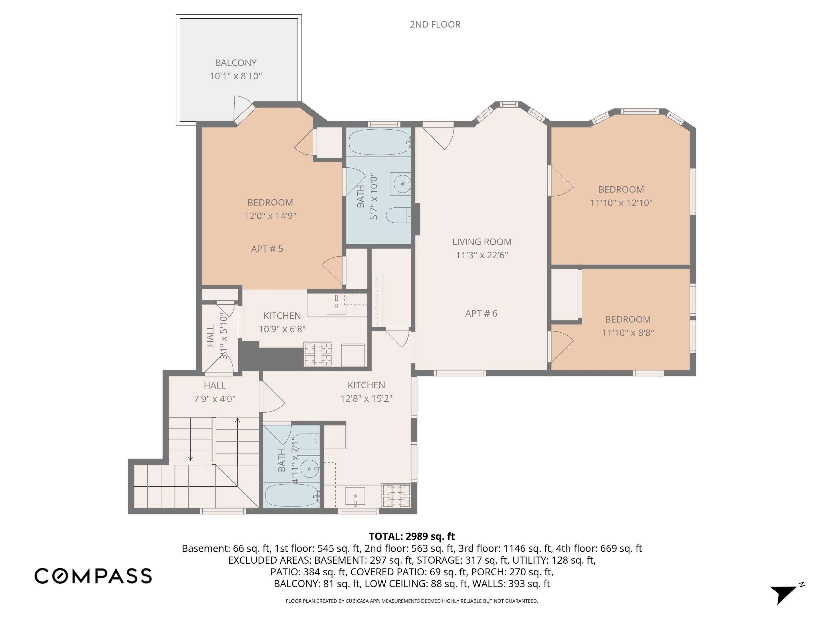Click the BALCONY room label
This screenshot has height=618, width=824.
[x=236, y=63]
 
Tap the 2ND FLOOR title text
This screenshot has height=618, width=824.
[x=435, y=25]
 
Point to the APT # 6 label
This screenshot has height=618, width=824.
[x=481, y=313]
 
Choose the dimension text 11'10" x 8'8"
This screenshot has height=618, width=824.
[x=628, y=333]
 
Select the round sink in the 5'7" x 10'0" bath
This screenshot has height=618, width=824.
[x=403, y=184]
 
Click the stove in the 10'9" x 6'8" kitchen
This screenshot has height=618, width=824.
[x=318, y=354]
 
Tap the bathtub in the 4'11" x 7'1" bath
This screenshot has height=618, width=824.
[x=292, y=495]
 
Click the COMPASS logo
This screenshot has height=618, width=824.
[x=93, y=576]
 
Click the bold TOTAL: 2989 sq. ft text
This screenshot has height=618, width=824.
[x=412, y=536]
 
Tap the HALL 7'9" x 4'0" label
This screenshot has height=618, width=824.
[x=215, y=392]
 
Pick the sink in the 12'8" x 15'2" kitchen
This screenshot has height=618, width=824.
[x=355, y=496]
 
